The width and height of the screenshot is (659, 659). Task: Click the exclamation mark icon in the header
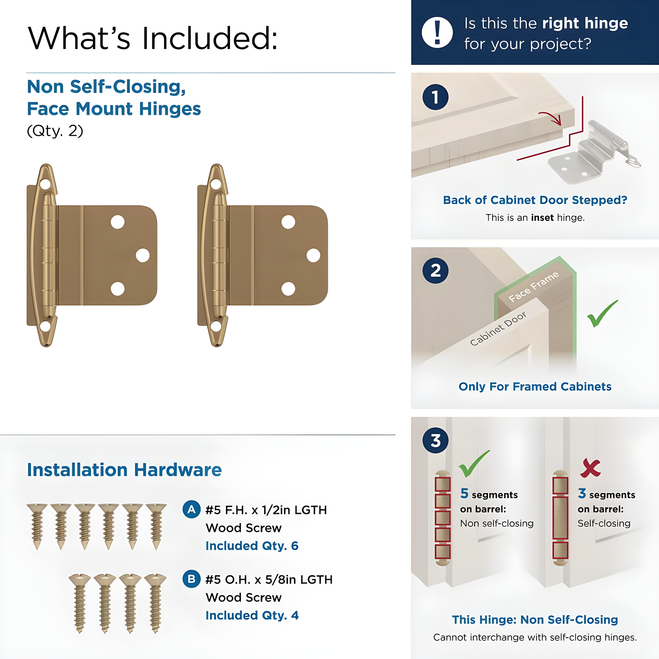coord(437,32)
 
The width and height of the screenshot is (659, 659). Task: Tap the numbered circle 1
coord(435,97)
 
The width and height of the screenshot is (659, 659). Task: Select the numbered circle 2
coord(435,271)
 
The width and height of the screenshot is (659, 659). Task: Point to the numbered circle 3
coord(435,440)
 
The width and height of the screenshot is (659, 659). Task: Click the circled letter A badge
coord(191,510)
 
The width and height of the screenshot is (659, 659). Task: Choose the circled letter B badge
coord(191,579)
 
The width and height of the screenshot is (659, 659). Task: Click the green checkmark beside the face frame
coord(602,313)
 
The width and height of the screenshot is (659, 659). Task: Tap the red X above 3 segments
coord(590,468)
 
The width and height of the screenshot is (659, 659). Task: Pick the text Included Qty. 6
coord(252,546)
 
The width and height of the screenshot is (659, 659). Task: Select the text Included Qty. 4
coord(252,615)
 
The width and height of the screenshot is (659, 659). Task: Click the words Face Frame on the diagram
coord(533,287)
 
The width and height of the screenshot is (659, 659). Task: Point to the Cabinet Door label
coord(498,329)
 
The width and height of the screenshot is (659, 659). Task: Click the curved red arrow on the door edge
coord(551,118)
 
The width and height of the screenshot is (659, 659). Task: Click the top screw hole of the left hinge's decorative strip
coord(45,185)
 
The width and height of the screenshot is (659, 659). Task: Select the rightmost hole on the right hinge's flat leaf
coord(313,255)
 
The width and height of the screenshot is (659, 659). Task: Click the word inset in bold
coord(542,217)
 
